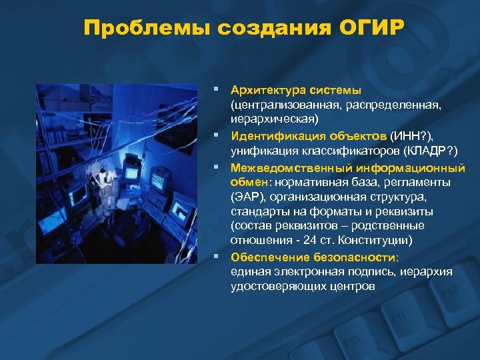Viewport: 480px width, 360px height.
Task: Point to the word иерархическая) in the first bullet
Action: click(275, 119)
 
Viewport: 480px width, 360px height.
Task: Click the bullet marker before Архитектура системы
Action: click(216, 89)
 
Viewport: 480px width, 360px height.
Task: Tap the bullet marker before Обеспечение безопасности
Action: click(216, 256)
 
